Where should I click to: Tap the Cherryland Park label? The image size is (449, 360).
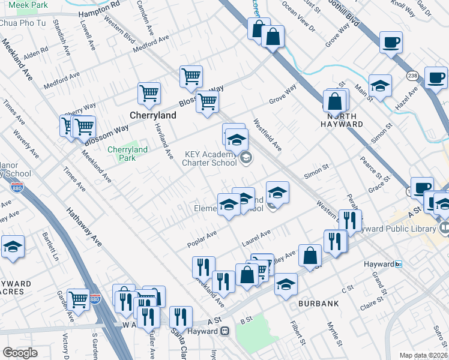click(127, 154)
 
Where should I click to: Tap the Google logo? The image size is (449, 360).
click(20, 353)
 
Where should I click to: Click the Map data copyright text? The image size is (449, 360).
click(424, 356)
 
